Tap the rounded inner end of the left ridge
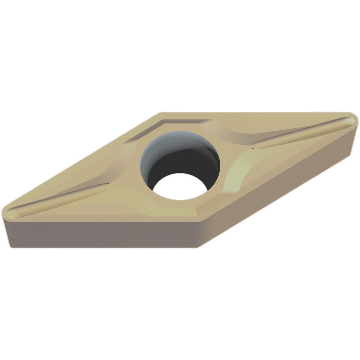pyautogui.click(x=106, y=185)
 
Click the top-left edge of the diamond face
pyautogui.click(x=83, y=162)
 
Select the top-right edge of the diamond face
pyautogui.click(x=252, y=113)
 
